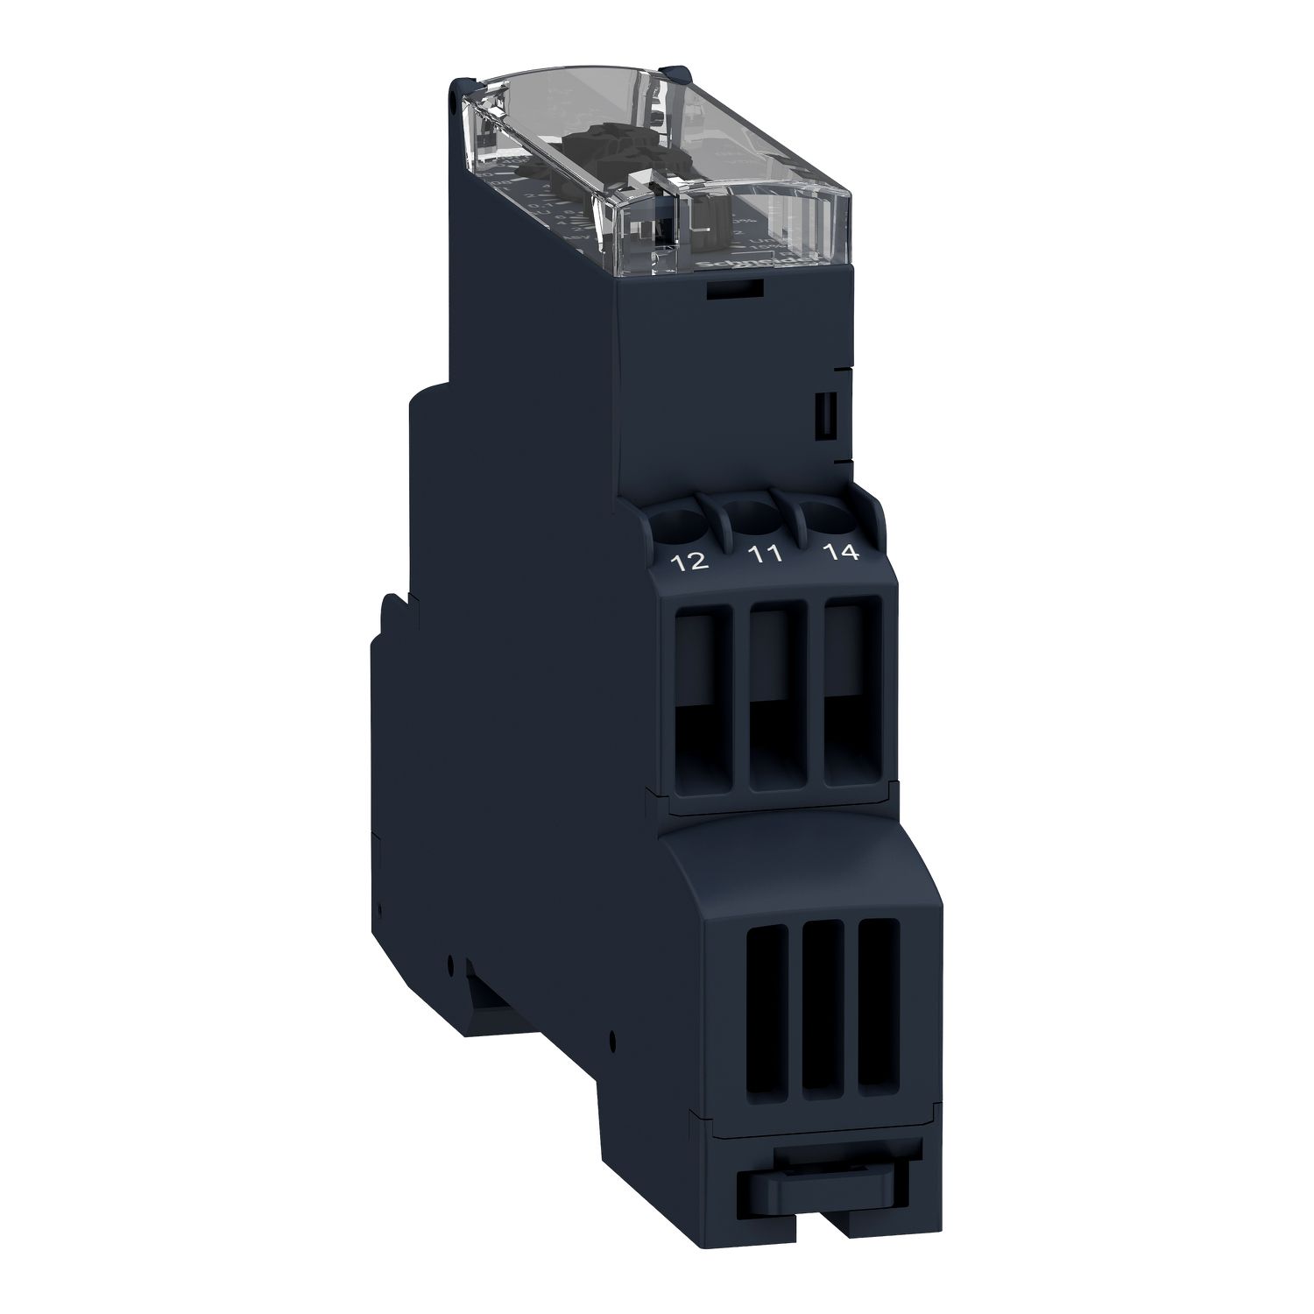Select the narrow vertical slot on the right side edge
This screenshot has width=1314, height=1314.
pyautogui.click(x=823, y=418)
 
